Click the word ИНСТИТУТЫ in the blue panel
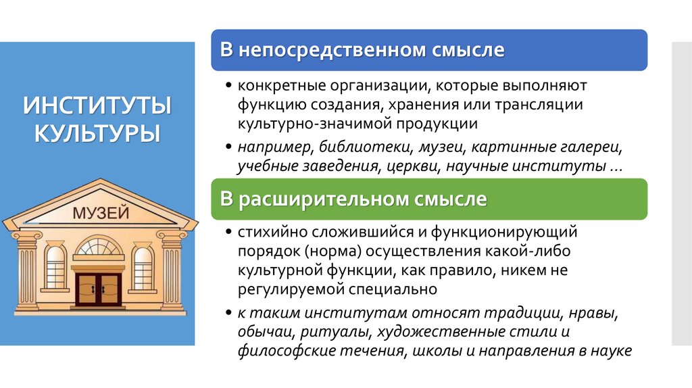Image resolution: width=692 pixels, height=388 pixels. click(97, 106)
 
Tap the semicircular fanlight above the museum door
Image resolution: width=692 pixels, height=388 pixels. click(99, 247)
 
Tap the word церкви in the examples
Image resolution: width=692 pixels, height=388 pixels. click(419, 166)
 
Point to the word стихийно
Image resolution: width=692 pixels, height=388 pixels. click(264, 233)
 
